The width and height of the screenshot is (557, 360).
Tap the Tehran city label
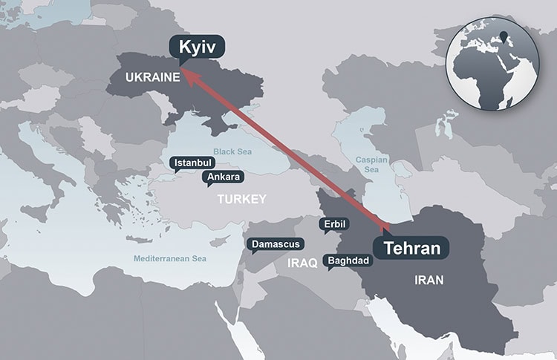pos(411,248)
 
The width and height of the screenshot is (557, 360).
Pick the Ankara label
pos(223,177)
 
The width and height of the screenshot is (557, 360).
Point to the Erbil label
pos(333,223)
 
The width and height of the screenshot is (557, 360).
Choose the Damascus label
pos(276,244)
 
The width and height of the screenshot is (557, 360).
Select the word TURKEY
pos(241,200)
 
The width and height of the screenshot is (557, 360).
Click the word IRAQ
pos(302,262)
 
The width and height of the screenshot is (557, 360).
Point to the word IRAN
pos(429,280)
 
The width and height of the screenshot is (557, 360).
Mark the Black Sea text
pos(234,151)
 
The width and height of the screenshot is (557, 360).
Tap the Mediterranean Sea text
pos(170,259)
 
